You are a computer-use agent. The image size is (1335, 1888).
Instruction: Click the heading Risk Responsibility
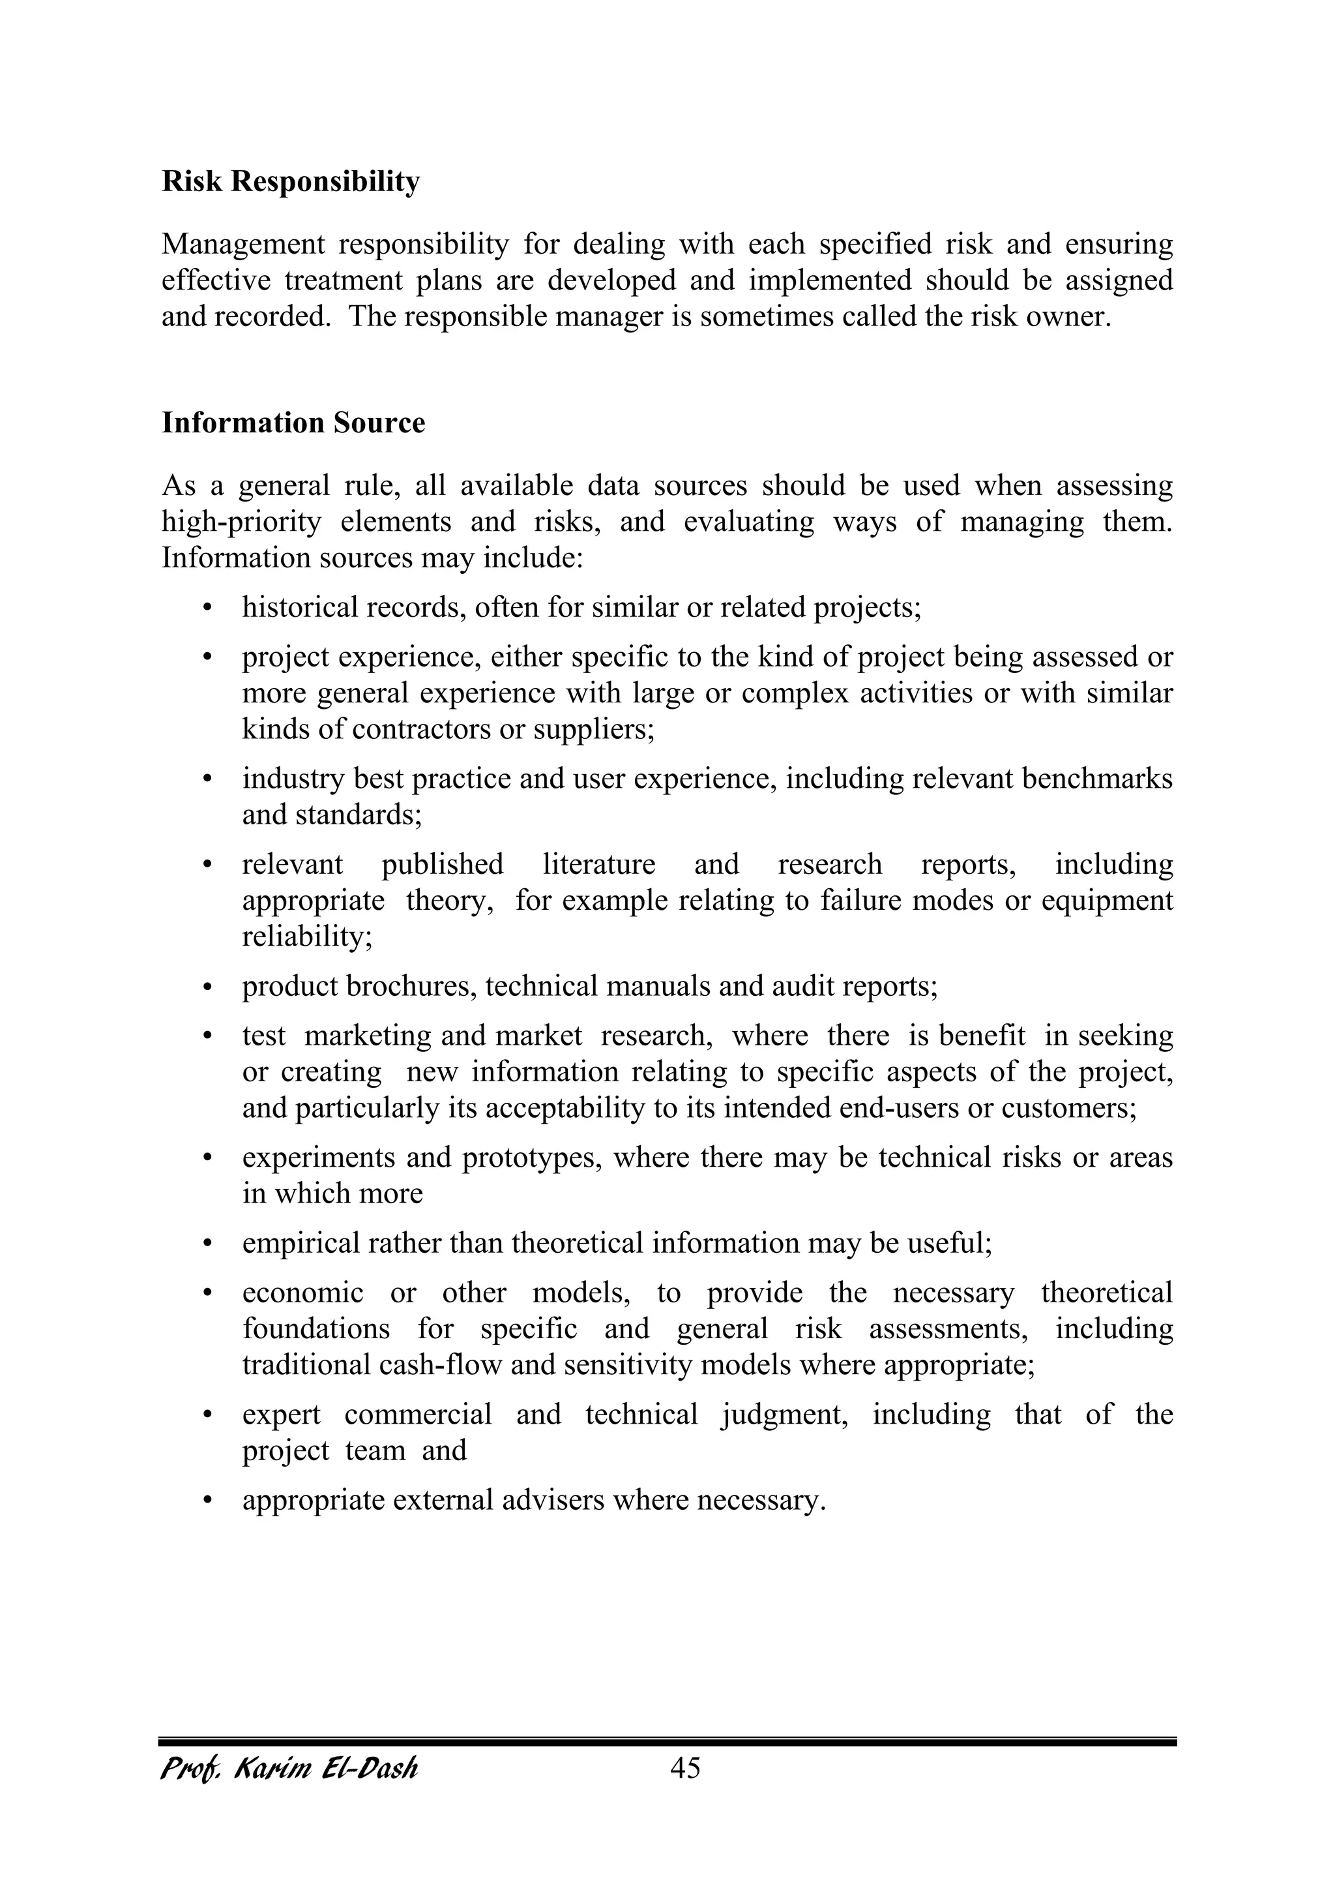click(x=290, y=182)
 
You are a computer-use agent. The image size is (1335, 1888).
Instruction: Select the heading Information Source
click(x=293, y=423)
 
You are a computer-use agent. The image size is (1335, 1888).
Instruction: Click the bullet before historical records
click(x=207, y=608)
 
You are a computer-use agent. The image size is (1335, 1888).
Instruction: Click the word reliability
click(x=306, y=937)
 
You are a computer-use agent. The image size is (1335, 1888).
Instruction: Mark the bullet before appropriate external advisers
click(x=207, y=1501)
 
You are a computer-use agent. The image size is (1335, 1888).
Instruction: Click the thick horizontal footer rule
click(x=667, y=1742)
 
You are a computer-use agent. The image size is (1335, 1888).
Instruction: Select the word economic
click(x=302, y=1293)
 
